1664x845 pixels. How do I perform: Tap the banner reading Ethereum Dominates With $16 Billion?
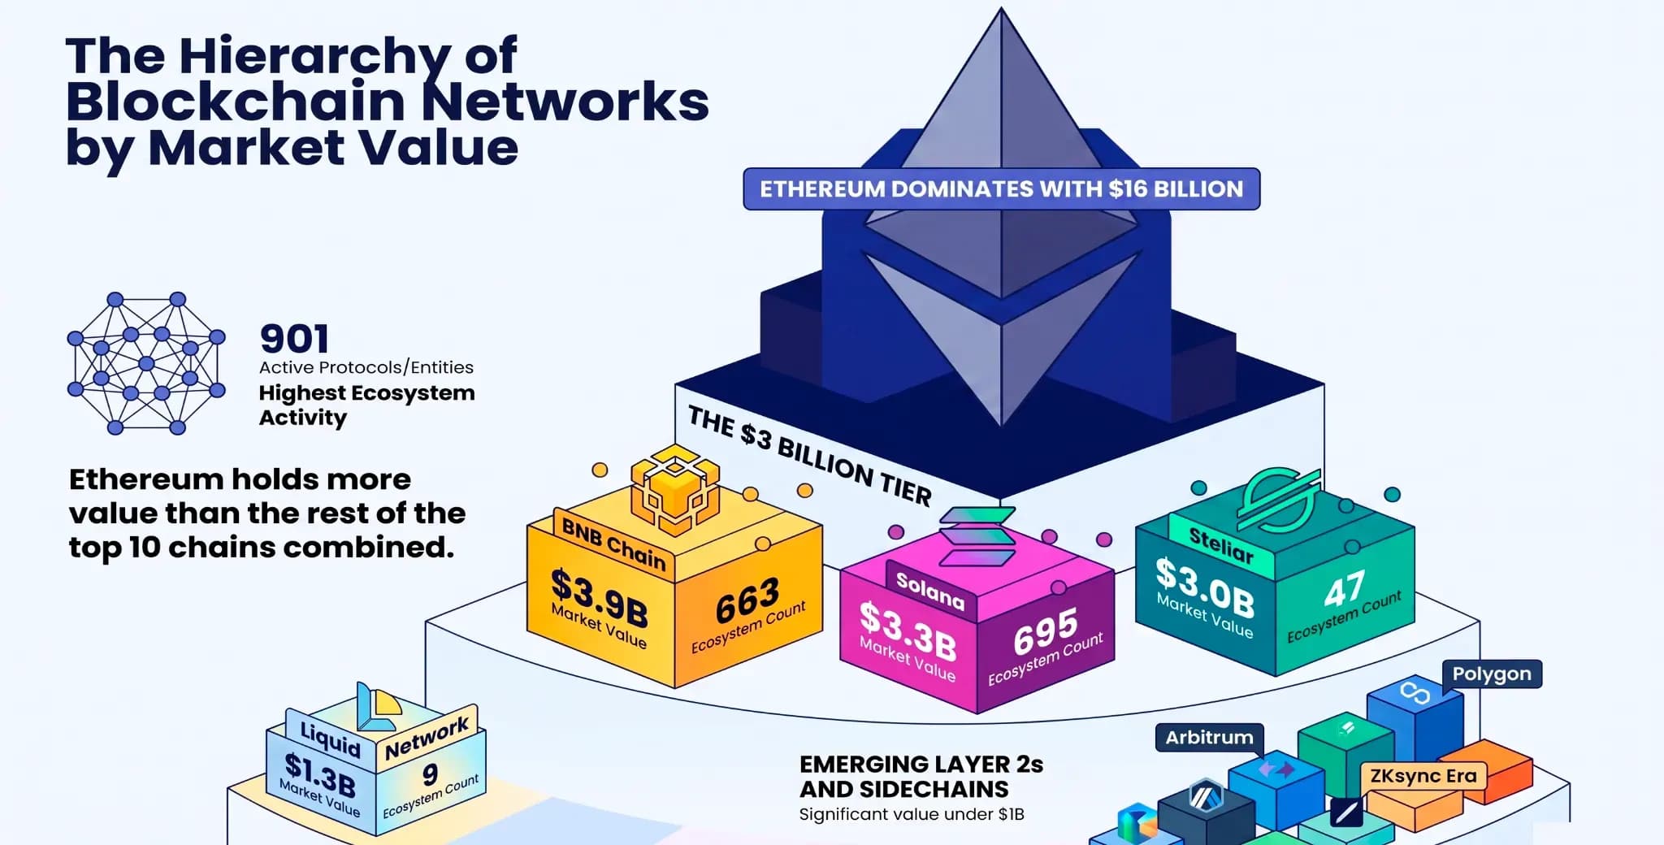point(1001,189)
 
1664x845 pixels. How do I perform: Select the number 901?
point(294,339)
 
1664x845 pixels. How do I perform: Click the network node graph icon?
point(146,363)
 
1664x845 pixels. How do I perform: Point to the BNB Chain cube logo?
point(675,490)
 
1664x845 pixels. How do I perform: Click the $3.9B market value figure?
point(600,598)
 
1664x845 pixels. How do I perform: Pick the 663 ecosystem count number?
point(747,600)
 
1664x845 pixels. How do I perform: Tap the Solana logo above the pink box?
point(977,536)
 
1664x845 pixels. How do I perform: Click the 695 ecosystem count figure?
point(1046,631)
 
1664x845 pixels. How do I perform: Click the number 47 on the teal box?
point(1345,589)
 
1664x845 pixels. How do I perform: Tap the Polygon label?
point(1492,674)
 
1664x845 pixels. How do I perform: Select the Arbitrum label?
point(1210,738)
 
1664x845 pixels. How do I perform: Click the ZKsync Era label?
point(1423,776)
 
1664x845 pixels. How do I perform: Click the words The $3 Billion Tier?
point(809,456)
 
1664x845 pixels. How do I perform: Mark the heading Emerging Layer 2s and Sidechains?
point(921,777)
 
